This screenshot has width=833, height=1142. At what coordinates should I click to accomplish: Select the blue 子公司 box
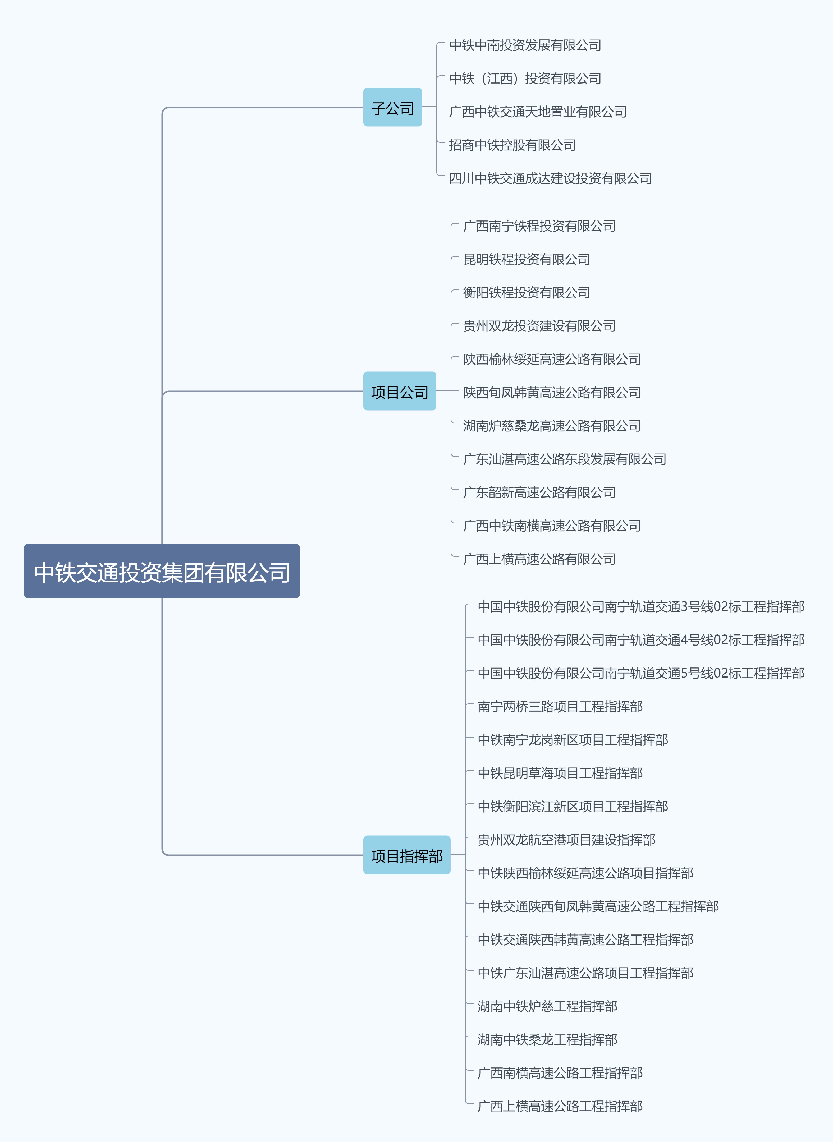point(392,107)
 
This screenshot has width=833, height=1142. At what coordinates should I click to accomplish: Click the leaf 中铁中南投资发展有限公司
point(525,45)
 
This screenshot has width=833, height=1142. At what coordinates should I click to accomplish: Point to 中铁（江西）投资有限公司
point(525,79)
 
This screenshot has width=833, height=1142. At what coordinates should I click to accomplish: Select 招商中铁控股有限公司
point(512,145)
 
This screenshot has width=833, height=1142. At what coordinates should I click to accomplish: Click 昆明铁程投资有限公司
point(527,260)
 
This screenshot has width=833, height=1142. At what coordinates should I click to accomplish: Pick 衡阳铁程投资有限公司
point(527,293)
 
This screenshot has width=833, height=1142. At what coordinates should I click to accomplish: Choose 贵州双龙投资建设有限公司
point(539,326)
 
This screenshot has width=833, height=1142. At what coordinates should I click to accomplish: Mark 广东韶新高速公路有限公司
point(539,492)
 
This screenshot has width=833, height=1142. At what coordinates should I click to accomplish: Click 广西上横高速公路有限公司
point(539,559)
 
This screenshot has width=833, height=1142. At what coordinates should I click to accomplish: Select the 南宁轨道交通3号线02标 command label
point(641,607)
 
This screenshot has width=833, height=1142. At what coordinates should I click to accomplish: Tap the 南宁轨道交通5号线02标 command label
point(641,673)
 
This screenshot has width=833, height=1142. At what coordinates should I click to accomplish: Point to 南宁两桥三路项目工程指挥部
point(560,707)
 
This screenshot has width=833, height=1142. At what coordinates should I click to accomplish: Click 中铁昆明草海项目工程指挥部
point(560,773)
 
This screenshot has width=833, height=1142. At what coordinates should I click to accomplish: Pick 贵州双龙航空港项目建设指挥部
point(566,840)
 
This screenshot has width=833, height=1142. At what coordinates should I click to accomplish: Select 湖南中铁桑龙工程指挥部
point(547,1040)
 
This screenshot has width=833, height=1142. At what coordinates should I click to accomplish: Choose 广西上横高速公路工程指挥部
point(560,1106)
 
